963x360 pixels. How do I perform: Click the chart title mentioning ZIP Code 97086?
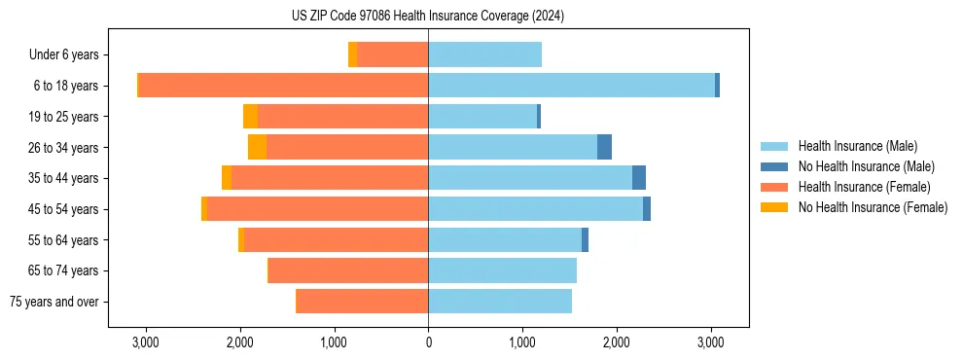(428, 17)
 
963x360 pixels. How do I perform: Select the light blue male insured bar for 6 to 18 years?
(571, 86)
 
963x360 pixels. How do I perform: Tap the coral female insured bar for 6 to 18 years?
(283, 86)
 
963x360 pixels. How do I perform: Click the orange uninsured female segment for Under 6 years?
(352, 54)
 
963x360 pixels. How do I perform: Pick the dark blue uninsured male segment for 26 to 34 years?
(604, 147)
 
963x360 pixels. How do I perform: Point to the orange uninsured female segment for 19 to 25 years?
(250, 117)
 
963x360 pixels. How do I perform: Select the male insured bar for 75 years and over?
(500, 302)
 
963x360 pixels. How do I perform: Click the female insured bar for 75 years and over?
(362, 302)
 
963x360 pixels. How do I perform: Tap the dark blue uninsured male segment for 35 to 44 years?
(639, 178)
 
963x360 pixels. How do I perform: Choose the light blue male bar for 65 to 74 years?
(502, 270)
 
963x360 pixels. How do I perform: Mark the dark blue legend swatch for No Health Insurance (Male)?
(774, 166)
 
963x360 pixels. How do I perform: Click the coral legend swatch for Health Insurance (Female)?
(774, 187)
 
